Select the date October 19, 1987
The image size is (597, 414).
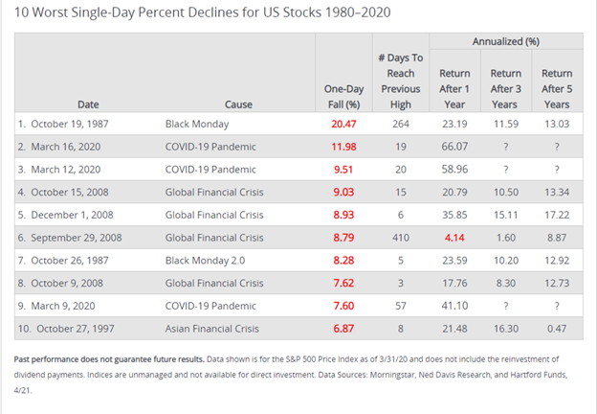click(x=65, y=125)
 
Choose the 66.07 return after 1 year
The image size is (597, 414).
click(x=453, y=148)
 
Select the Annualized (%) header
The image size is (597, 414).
click(x=505, y=42)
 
